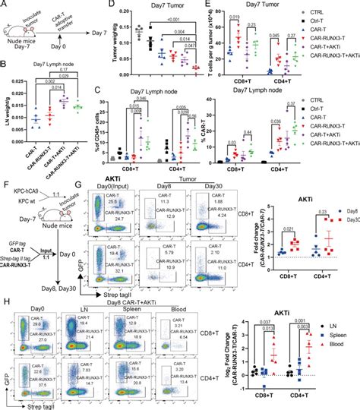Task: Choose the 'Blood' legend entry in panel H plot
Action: (x=344, y=339)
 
